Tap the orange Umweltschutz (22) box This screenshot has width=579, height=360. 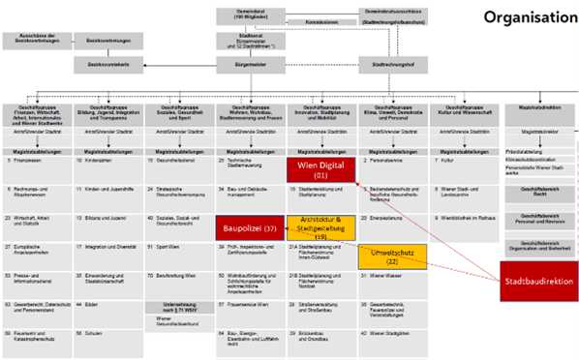coord(390,256)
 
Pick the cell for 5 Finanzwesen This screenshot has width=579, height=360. coord(39,161)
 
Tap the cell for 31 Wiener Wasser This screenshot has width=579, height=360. coord(390,276)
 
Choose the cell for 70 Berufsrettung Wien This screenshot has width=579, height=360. coord(180,276)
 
